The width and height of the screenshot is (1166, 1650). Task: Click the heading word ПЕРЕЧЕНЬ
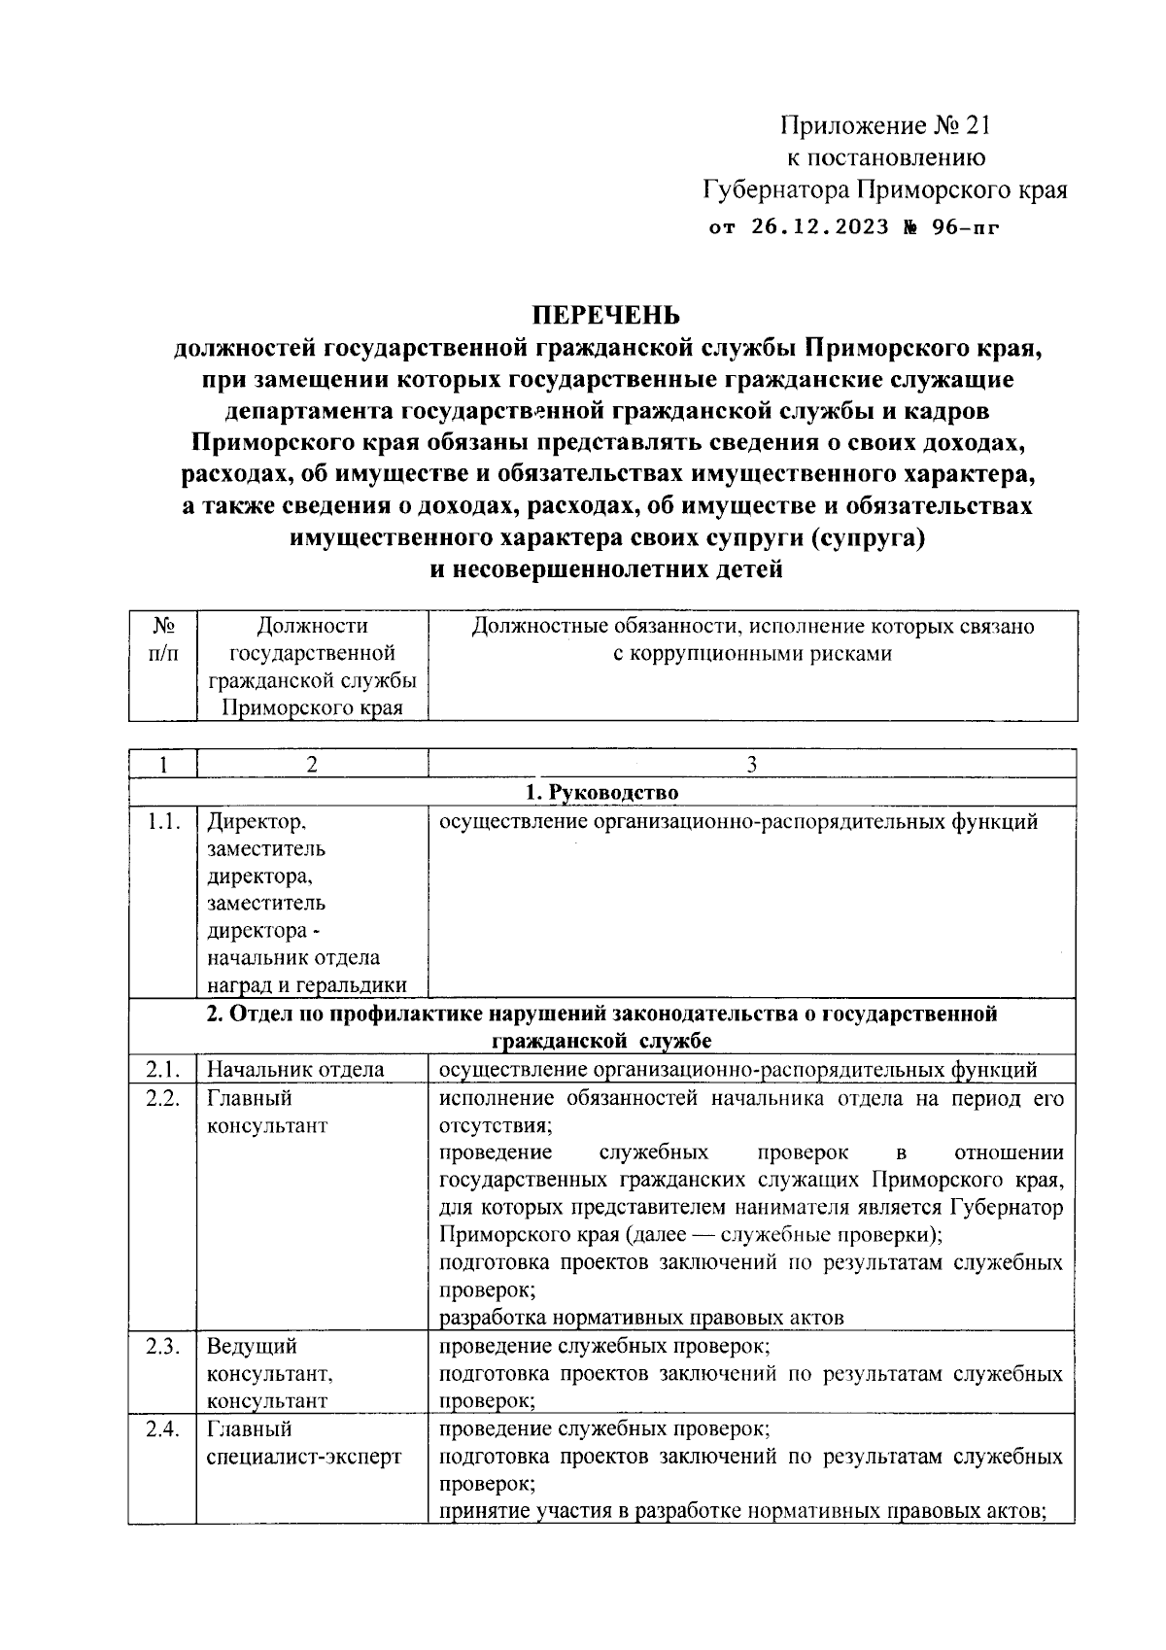[604, 316]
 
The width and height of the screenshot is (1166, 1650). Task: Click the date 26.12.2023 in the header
[820, 227]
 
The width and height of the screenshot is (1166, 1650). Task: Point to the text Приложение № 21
[884, 125]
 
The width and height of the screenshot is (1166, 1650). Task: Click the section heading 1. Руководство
[601, 793]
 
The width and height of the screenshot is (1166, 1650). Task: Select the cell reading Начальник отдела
[295, 1070]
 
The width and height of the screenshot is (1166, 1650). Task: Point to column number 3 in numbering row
[751, 765]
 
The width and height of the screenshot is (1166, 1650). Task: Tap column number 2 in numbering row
[311, 765]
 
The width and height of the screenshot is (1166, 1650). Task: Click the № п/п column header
[163, 639]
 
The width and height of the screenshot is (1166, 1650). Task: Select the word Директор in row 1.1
[256, 822]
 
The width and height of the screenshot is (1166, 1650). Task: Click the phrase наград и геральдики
[306, 985]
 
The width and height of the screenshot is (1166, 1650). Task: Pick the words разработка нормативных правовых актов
[641, 1318]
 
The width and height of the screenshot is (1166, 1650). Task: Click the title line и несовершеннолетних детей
[605, 569]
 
